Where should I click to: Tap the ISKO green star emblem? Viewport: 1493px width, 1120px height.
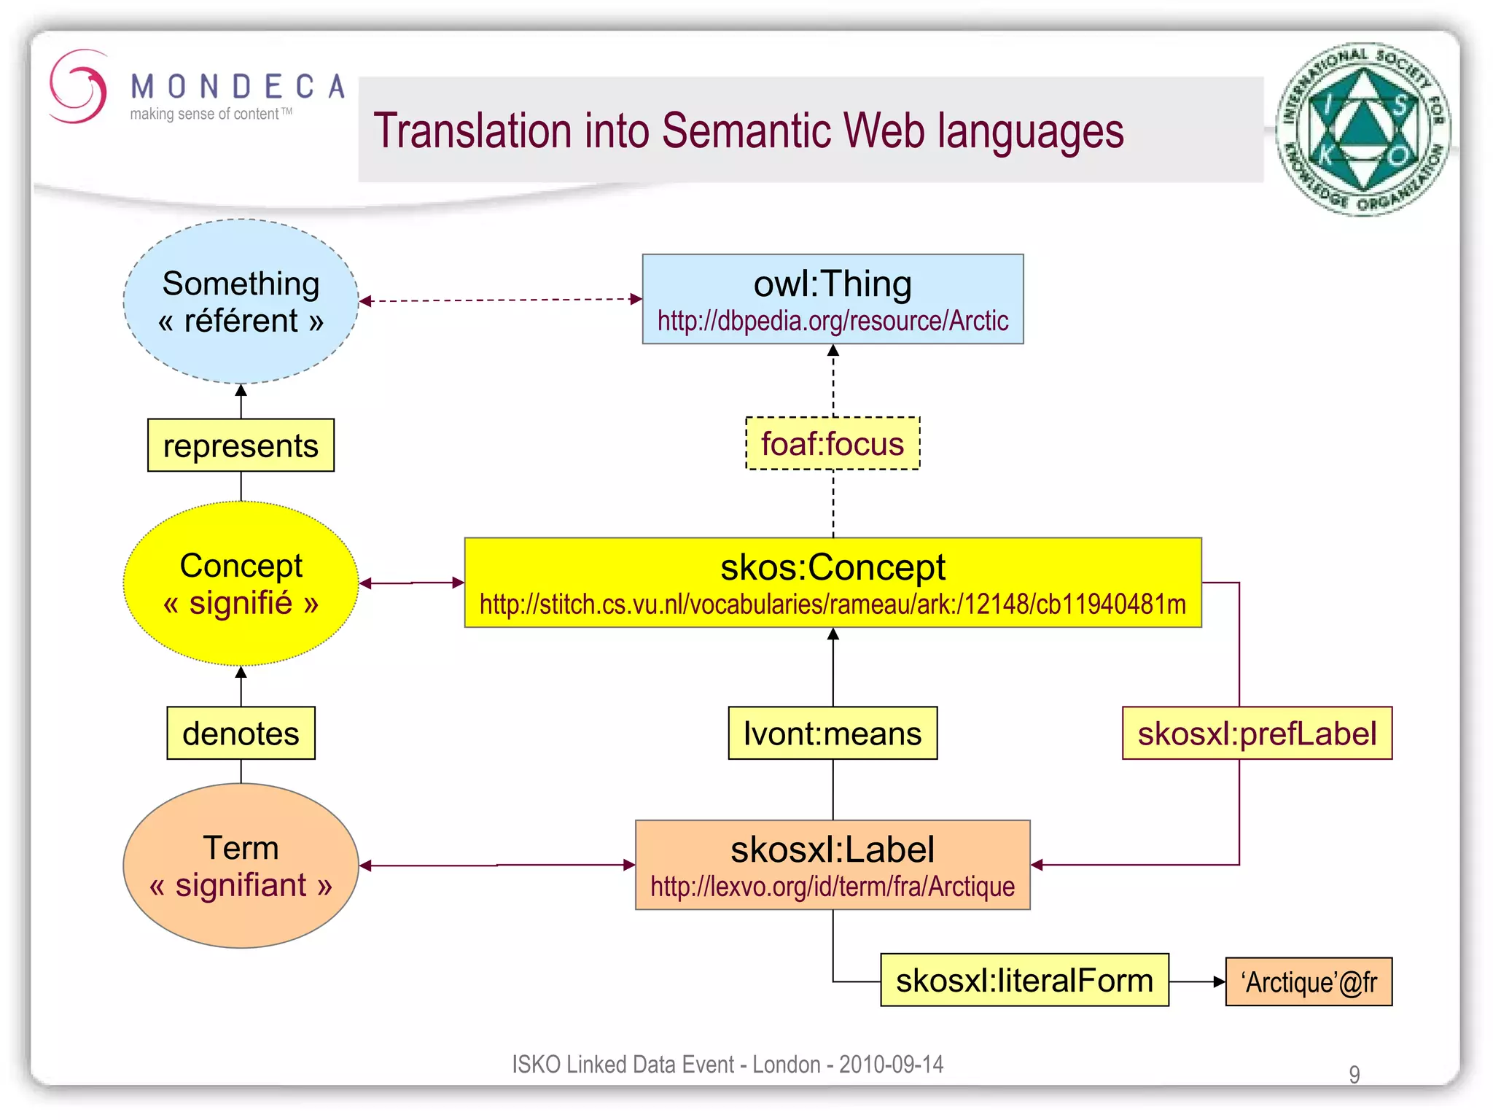point(1363,129)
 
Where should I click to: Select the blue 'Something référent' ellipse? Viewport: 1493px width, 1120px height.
point(241,301)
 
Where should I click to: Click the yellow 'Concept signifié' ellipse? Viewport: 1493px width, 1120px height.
point(241,583)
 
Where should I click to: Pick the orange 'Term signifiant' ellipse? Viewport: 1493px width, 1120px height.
point(241,866)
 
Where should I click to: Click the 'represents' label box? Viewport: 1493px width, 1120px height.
point(241,446)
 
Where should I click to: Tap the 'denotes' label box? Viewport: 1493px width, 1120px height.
point(241,734)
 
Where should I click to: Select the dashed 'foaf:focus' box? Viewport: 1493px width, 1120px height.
point(833,443)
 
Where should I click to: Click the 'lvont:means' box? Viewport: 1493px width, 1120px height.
point(833,734)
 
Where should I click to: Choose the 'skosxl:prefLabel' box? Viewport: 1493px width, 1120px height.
point(1257,734)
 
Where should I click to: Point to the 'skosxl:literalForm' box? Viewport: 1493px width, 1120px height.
point(1024,981)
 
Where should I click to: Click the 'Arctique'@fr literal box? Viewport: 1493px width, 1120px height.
point(1309,982)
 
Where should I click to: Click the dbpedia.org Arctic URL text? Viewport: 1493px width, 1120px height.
point(833,322)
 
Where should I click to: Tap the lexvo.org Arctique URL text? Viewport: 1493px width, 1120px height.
point(833,887)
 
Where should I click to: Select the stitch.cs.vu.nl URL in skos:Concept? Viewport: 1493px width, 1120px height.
point(833,604)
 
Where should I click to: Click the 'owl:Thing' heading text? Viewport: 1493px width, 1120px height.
point(833,284)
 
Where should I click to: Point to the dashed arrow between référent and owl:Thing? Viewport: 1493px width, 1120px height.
point(500,300)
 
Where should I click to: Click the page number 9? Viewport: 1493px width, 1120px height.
point(1354,1074)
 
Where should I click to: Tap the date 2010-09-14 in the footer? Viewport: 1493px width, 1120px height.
point(891,1065)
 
